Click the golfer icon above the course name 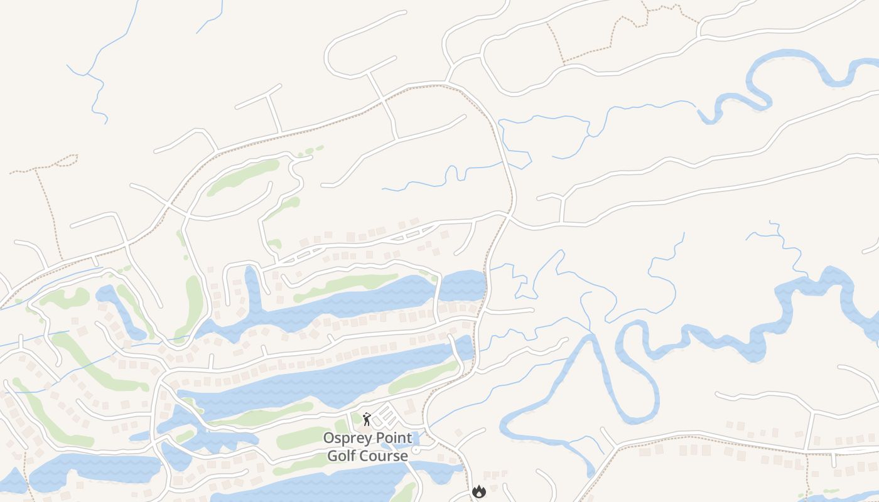click(x=367, y=419)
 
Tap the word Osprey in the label click(x=346, y=438)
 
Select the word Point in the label click(x=392, y=438)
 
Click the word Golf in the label click(x=343, y=456)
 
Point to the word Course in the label click(x=384, y=456)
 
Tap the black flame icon click(x=479, y=492)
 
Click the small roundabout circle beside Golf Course click(x=416, y=449)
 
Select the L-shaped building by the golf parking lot click(x=409, y=407)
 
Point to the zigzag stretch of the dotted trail click(x=628, y=22)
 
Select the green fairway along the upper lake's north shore click(x=345, y=285)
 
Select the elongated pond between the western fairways click(x=119, y=311)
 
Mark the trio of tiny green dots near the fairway click(x=310, y=151)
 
